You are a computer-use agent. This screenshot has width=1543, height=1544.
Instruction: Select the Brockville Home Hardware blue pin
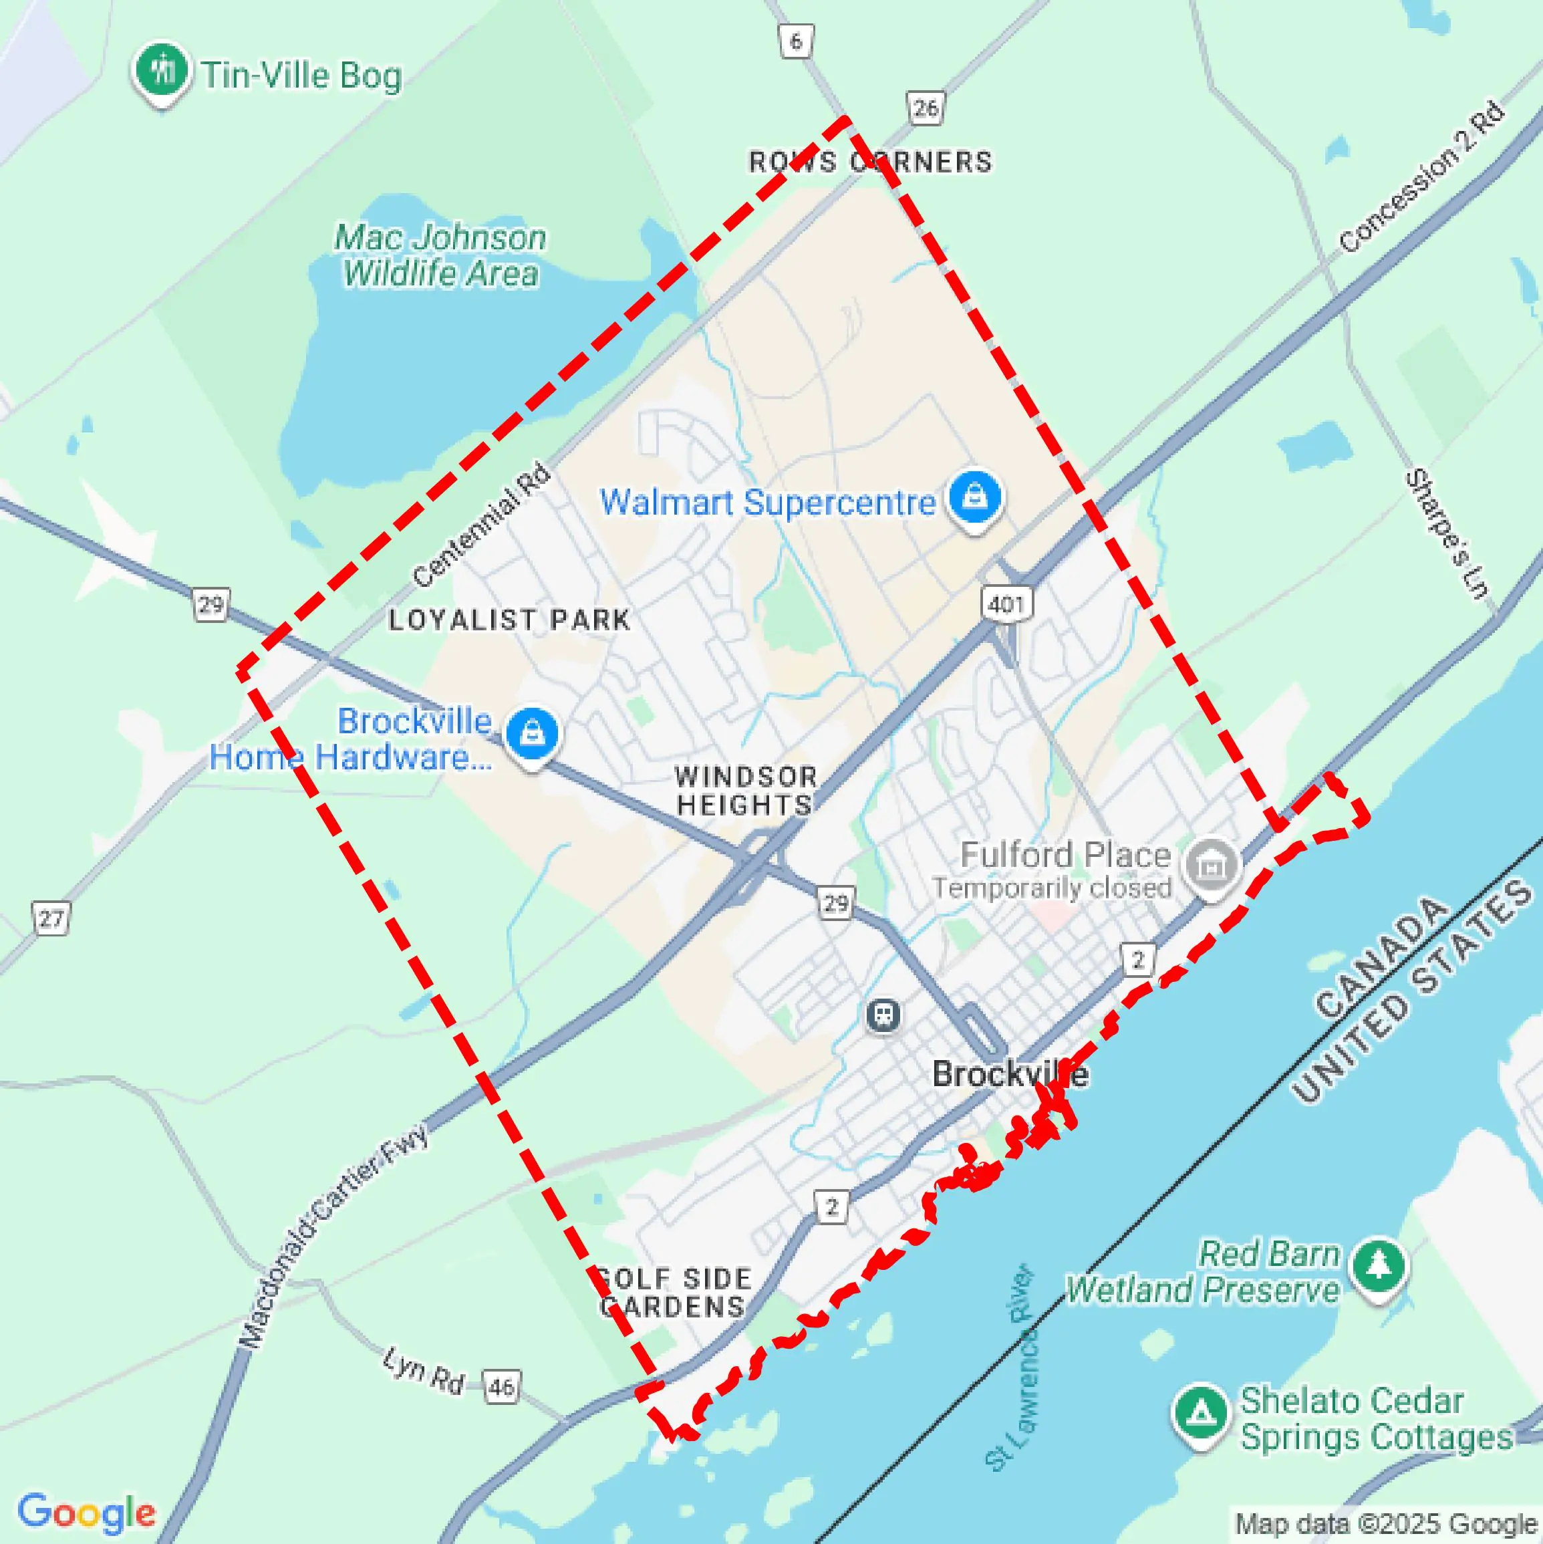coord(532,732)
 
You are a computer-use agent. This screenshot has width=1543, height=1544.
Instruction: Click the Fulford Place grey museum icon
coord(1212,865)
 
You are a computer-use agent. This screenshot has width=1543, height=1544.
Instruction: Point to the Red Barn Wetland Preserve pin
coord(1379,1266)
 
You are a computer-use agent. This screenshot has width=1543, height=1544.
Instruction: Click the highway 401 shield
coord(1006,604)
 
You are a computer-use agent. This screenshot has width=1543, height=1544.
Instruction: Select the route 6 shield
coord(796,40)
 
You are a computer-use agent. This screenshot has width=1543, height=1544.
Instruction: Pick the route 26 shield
coord(926,108)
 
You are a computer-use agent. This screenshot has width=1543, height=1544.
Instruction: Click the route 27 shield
coord(51,918)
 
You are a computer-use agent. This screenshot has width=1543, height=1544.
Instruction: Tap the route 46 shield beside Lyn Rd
coord(501,1386)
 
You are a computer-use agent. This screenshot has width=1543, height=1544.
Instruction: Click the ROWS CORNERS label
coord(870,162)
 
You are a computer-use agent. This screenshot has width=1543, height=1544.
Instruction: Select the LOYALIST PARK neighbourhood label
coord(509,620)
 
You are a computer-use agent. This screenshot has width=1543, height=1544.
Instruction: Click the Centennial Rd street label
coord(482,525)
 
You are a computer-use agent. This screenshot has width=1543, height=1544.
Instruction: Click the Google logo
coord(86,1513)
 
